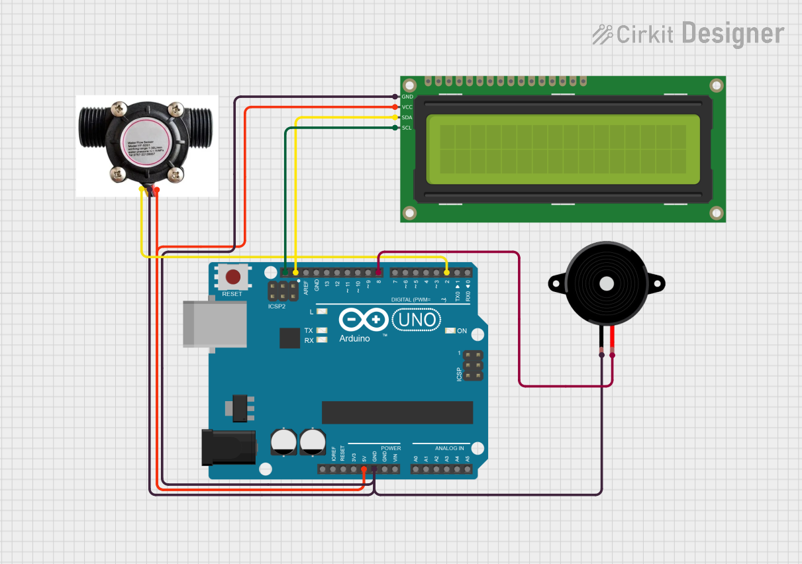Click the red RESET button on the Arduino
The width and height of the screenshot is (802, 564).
(232, 277)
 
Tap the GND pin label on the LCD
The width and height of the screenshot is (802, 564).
(407, 97)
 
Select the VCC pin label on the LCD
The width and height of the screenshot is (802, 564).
(407, 107)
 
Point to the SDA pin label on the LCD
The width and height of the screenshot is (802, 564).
(407, 117)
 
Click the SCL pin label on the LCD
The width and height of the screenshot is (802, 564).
(407, 128)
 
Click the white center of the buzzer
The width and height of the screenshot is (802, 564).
(606, 283)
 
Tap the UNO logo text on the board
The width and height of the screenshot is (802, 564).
(417, 320)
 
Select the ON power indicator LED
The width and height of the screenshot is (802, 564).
(450, 331)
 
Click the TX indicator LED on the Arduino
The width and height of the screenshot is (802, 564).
(322, 330)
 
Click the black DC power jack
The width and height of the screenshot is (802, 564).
(228, 447)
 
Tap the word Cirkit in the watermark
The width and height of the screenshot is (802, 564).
(644, 34)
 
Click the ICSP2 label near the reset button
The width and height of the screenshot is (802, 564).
(277, 307)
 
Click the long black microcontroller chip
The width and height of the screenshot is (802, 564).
(397, 412)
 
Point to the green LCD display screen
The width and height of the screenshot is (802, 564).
(563, 149)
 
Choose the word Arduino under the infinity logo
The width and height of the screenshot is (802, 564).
(355, 338)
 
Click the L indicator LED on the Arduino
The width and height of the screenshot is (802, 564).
(322, 311)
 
